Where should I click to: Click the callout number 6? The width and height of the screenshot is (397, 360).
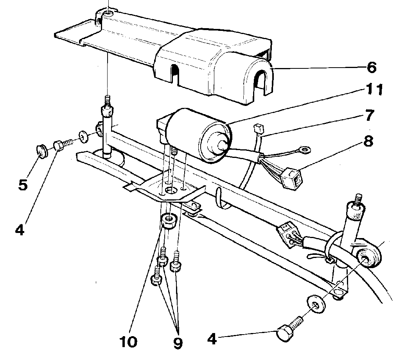coord(372,67)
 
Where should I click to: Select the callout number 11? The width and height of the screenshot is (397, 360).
coord(374,89)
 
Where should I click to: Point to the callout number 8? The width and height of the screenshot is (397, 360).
coord(368,141)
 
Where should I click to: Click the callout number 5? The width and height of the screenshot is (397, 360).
coord(23,184)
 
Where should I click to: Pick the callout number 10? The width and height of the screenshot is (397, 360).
coord(128,342)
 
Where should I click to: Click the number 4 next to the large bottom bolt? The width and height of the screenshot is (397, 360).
coord(212,339)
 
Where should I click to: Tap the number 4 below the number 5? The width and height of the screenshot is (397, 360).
coord(20,230)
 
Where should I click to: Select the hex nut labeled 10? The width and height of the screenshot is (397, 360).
coord(169,220)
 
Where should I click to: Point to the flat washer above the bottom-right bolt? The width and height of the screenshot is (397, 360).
coord(316,304)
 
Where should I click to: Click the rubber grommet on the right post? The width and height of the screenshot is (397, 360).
coord(367,256)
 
